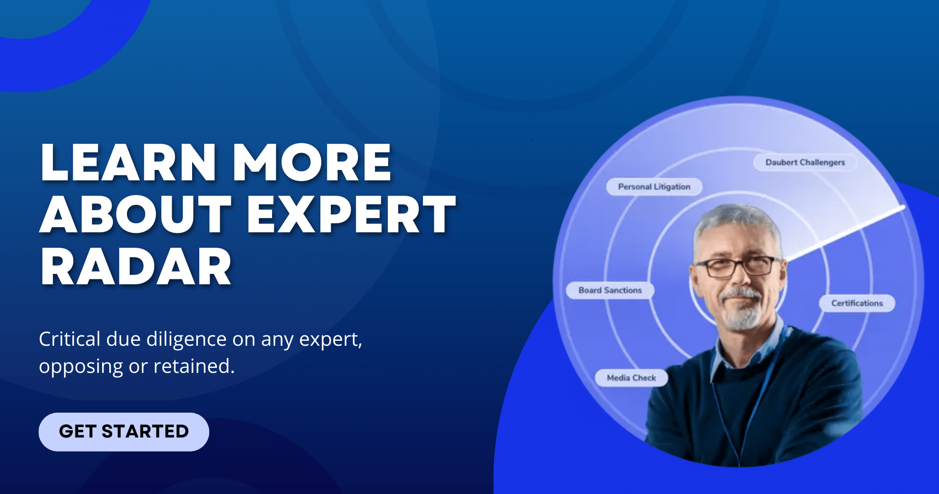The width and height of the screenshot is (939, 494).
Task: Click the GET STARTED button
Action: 124,432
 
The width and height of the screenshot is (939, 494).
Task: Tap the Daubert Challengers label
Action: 805,162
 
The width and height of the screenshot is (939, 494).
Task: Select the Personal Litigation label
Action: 654,187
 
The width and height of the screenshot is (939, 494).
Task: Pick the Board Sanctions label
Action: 610,290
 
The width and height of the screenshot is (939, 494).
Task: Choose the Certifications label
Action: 857,303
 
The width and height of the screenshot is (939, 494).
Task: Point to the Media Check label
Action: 631,378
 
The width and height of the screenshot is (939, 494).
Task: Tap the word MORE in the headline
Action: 312,162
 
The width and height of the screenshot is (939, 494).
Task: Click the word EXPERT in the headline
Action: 351,214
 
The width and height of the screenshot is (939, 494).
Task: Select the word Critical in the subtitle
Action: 70,339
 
